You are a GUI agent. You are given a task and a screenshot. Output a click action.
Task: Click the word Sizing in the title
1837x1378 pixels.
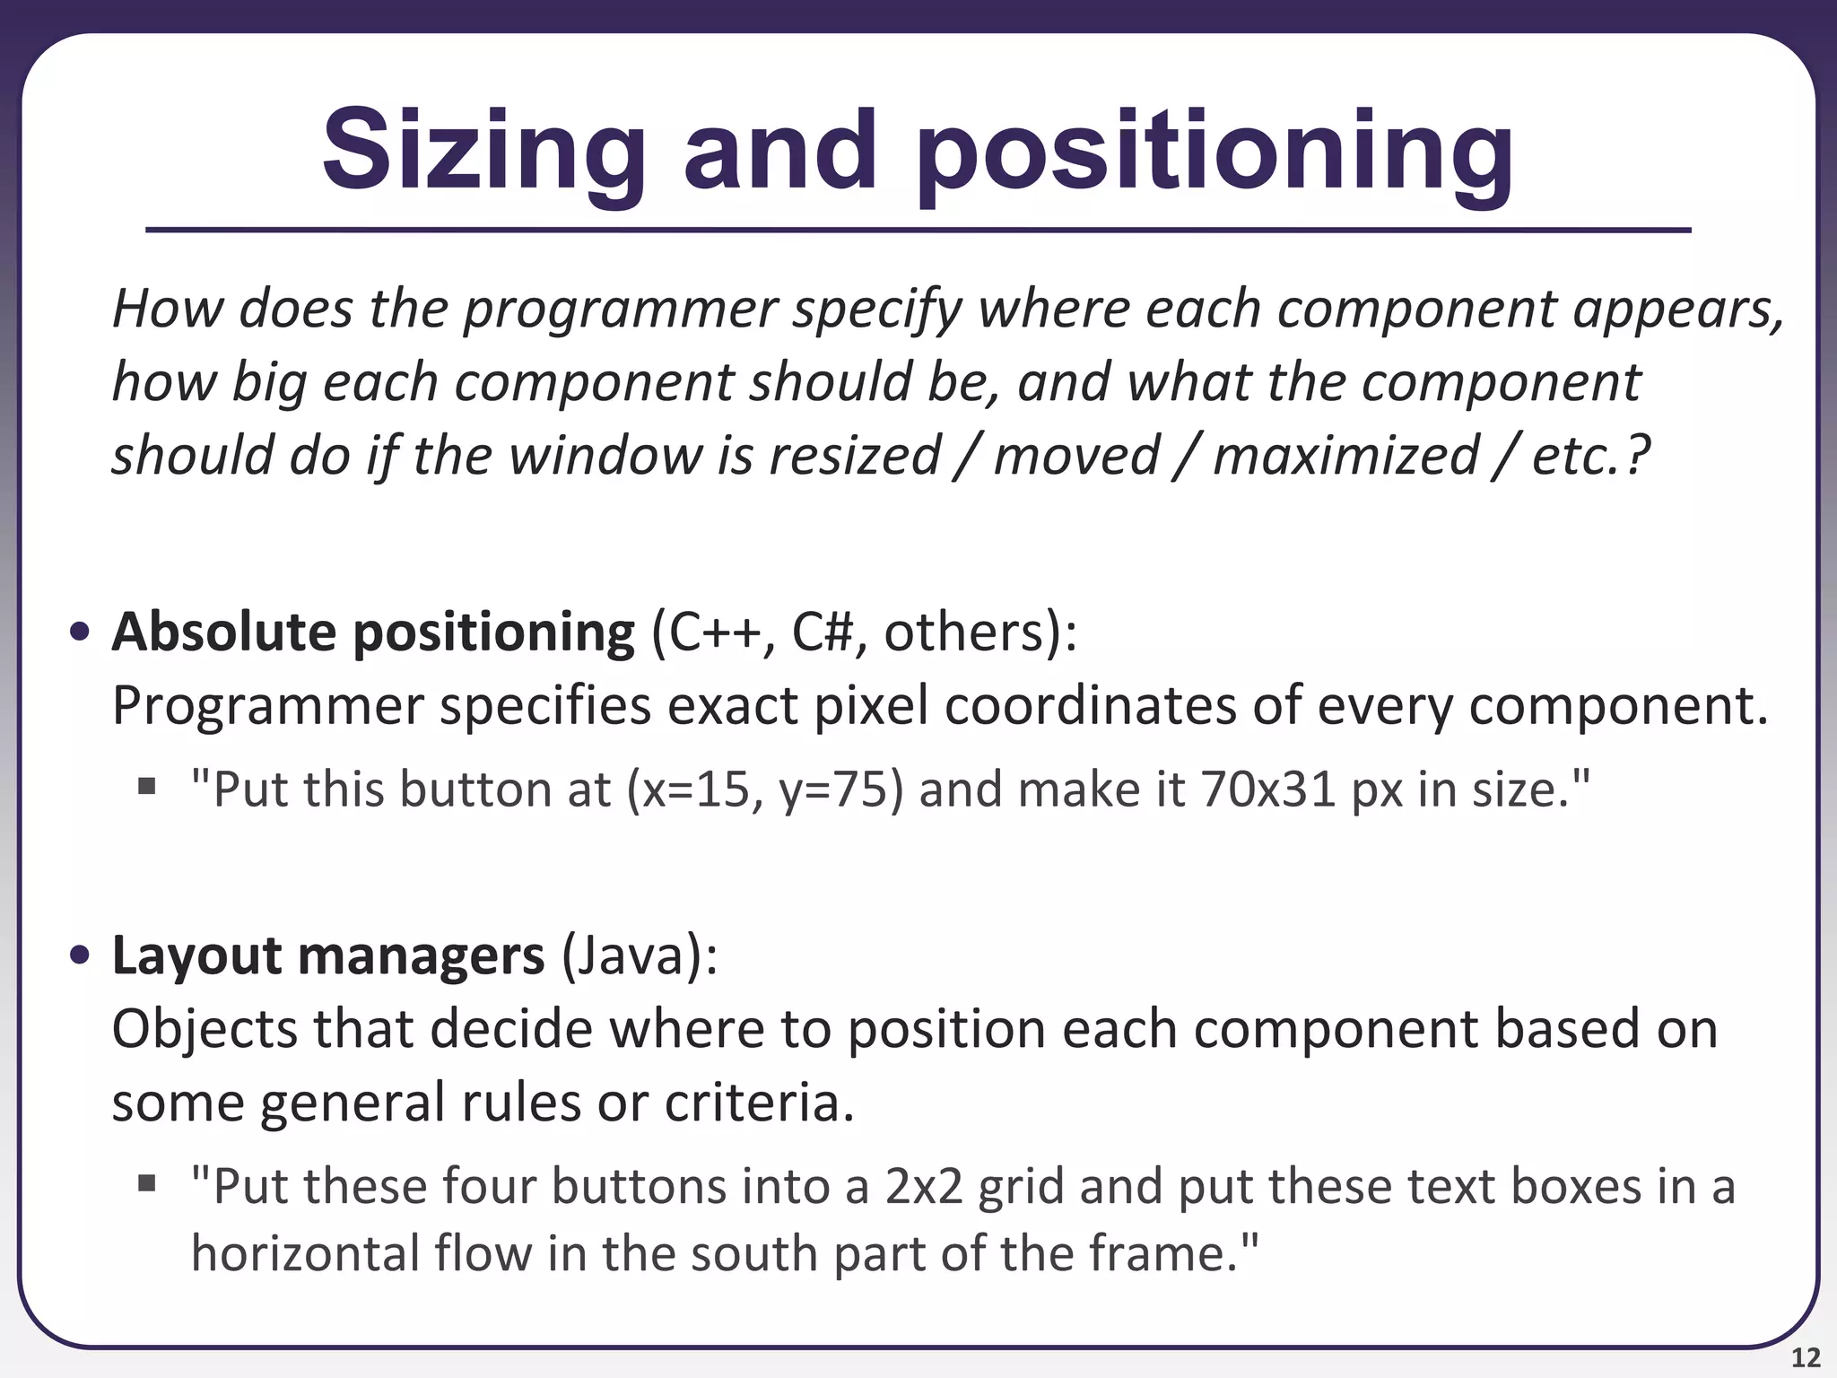click(x=484, y=151)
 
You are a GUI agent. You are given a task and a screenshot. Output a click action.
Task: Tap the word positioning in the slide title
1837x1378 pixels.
click(x=1215, y=151)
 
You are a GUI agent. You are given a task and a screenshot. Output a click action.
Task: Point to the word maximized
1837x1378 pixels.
click(x=1345, y=456)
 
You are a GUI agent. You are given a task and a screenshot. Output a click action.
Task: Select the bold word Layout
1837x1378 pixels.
click(x=196, y=956)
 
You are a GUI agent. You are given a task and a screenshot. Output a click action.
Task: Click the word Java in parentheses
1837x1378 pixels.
click(x=631, y=956)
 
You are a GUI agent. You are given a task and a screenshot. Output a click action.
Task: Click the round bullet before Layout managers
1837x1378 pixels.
click(x=80, y=956)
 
